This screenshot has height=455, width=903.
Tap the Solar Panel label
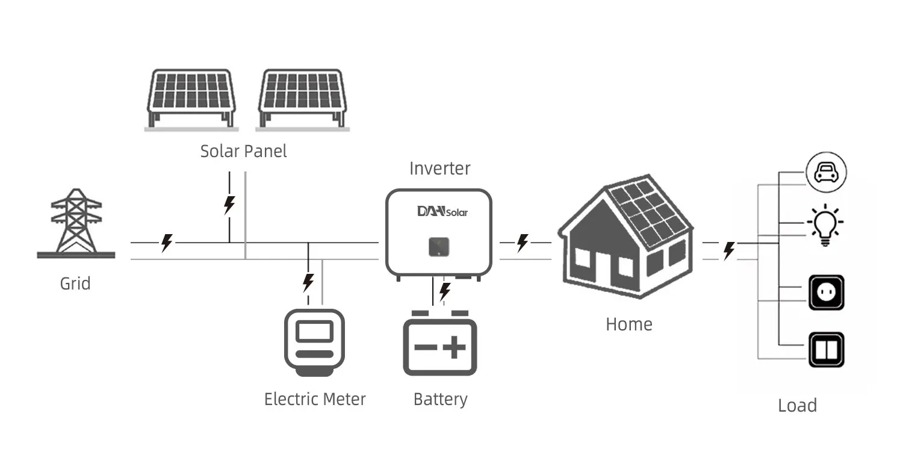(243, 150)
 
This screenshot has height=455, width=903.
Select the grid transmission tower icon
(76, 222)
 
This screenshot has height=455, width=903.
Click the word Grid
(75, 283)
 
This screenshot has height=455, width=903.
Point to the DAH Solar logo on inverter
(442, 211)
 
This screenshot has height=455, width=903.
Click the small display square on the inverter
(439, 246)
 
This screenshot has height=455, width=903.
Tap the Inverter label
(439, 168)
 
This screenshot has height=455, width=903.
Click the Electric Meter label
(315, 399)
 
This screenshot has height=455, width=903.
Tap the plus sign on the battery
(455, 348)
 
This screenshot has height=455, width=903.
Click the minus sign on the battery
(425, 348)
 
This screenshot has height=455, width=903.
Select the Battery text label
(440, 399)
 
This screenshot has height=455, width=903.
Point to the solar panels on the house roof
(647, 215)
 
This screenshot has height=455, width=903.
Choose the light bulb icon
(826, 224)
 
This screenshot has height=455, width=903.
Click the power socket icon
(826, 292)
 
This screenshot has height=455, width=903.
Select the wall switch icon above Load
(826, 349)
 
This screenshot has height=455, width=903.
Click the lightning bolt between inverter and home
(523, 243)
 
